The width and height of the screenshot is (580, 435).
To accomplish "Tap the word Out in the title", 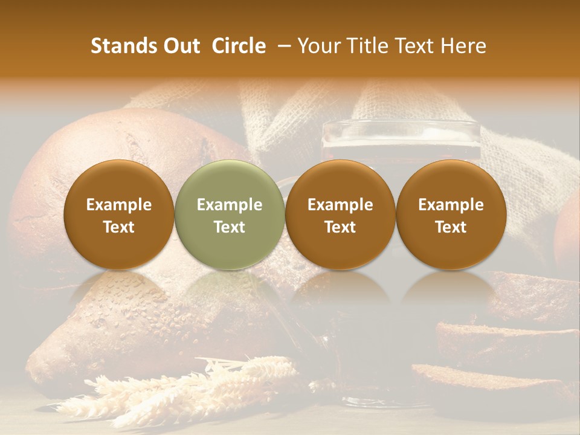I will pos(180,46).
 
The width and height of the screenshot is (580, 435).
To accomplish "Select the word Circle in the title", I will pos(239,46).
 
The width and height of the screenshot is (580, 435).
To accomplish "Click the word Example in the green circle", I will pos(230,205).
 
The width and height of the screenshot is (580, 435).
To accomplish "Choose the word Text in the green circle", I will pos(230,227).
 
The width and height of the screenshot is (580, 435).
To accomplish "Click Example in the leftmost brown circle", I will pos(119,205).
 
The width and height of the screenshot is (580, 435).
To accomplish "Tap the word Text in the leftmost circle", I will pos(119,227).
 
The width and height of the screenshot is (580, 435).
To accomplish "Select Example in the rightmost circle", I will pos(451,205).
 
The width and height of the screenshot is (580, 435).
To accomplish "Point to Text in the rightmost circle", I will pos(451,227).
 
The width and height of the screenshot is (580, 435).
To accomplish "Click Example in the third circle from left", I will pos(340,205).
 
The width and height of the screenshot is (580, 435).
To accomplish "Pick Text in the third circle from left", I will pos(340,227).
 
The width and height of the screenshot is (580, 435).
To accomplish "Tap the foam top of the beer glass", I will pos(401,130).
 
